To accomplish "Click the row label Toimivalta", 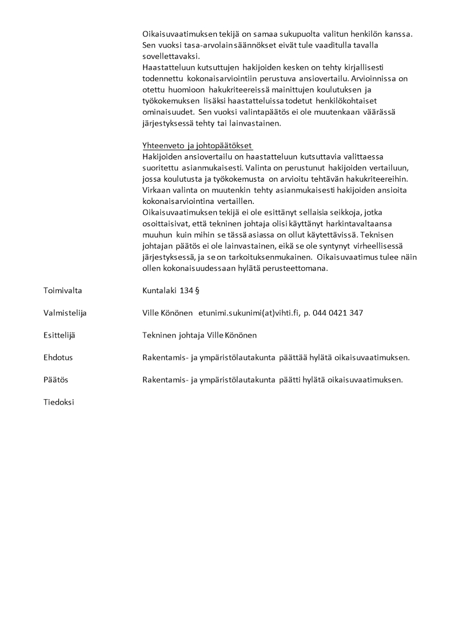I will coord(62,291).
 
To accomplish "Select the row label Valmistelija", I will coord(65,313).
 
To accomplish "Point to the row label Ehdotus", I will coord(58,358).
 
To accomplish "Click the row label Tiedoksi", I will coord(58,402).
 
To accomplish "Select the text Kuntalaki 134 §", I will coord(170,291).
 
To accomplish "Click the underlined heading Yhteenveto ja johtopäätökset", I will coord(197,145).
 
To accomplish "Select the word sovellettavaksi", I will coord(169,56).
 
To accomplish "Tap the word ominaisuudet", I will coord(166,112).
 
